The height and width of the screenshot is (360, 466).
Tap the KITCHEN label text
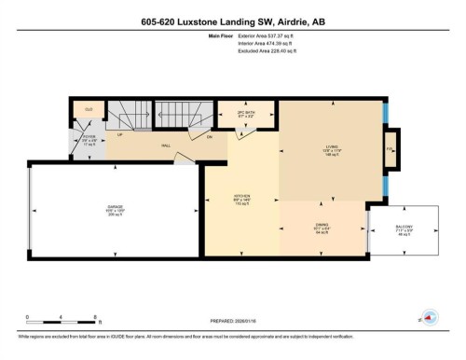click(x=242, y=195)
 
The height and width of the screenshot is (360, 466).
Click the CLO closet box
click(x=89, y=109)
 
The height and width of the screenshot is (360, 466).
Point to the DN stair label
click(x=210, y=137)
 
